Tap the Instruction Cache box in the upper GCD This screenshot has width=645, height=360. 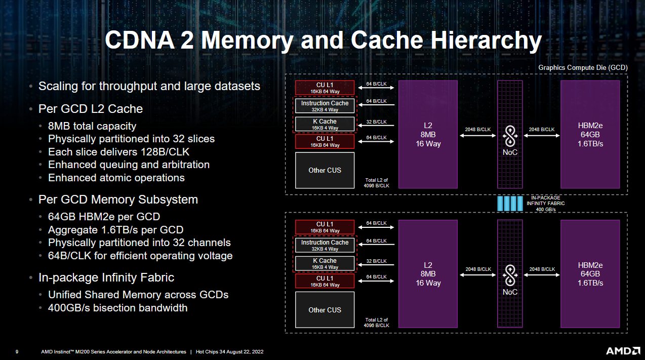(x=325, y=106)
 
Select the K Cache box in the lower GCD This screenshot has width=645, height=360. (x=325, y=263)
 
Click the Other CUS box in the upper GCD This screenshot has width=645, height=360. (x=325, y=170)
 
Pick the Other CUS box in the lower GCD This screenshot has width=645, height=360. (x=325, y=310)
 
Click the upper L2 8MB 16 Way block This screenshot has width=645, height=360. (x=428, y=134)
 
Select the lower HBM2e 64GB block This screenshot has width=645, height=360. (x=590, y=274)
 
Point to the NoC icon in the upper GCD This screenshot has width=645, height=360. (x=510, y=136)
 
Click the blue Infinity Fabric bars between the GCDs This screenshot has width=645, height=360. (x=509, y=203)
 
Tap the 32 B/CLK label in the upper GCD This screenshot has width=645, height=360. (x=376, y=122)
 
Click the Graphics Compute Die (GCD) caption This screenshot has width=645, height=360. (x=583, y=67)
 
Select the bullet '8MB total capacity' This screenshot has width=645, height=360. (x=92, y=126)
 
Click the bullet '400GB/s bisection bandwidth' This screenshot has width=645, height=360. (x=117, y=308)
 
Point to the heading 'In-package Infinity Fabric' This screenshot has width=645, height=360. (x=106, y=277)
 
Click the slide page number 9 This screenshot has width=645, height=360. (x=17, y=352)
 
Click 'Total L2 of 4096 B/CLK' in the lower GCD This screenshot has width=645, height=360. (x=376, y=323)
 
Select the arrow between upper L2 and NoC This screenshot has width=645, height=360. (x=477, y=135)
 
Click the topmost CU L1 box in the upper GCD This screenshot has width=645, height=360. (x=325, y=87)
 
